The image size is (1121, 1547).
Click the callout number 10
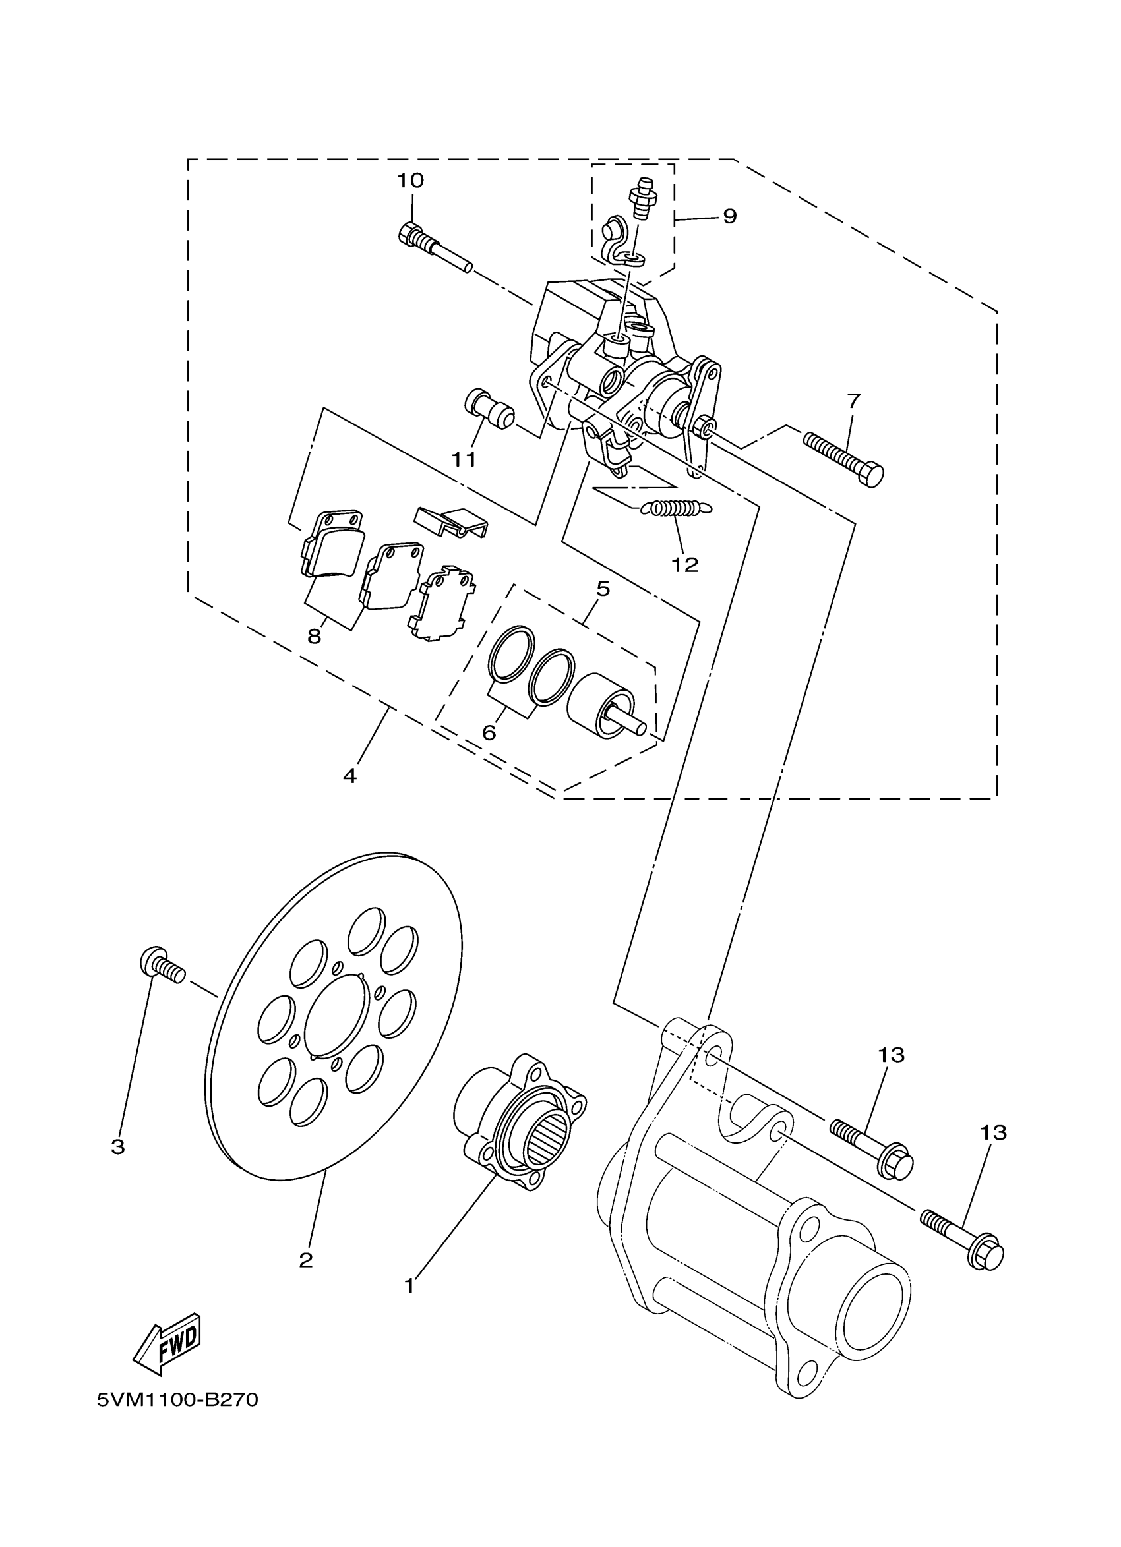410,181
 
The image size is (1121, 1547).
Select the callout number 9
729,217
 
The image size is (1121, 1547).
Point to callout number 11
464,461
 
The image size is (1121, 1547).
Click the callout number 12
685,565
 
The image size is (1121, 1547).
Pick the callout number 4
349,776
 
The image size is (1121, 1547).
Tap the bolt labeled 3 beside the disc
162,966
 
